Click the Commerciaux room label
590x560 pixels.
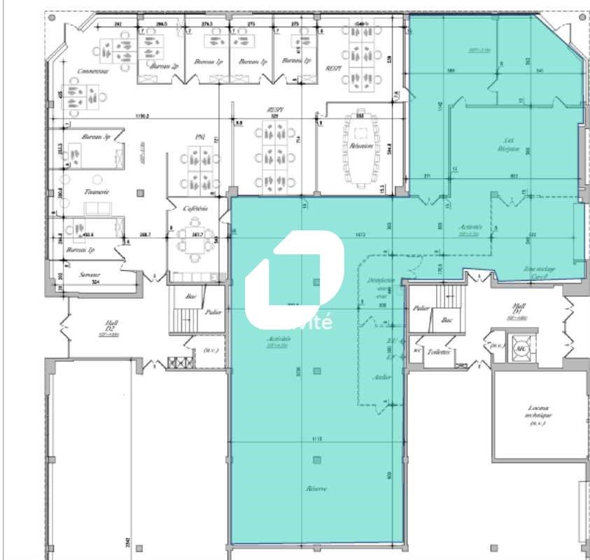coord(92,71)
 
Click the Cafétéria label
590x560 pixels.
coord(195,209)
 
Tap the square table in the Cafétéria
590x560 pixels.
coord(194,234)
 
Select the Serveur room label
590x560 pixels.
coord(90,275)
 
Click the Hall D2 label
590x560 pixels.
coord(111,325)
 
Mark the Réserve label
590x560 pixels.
coord(316,488)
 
